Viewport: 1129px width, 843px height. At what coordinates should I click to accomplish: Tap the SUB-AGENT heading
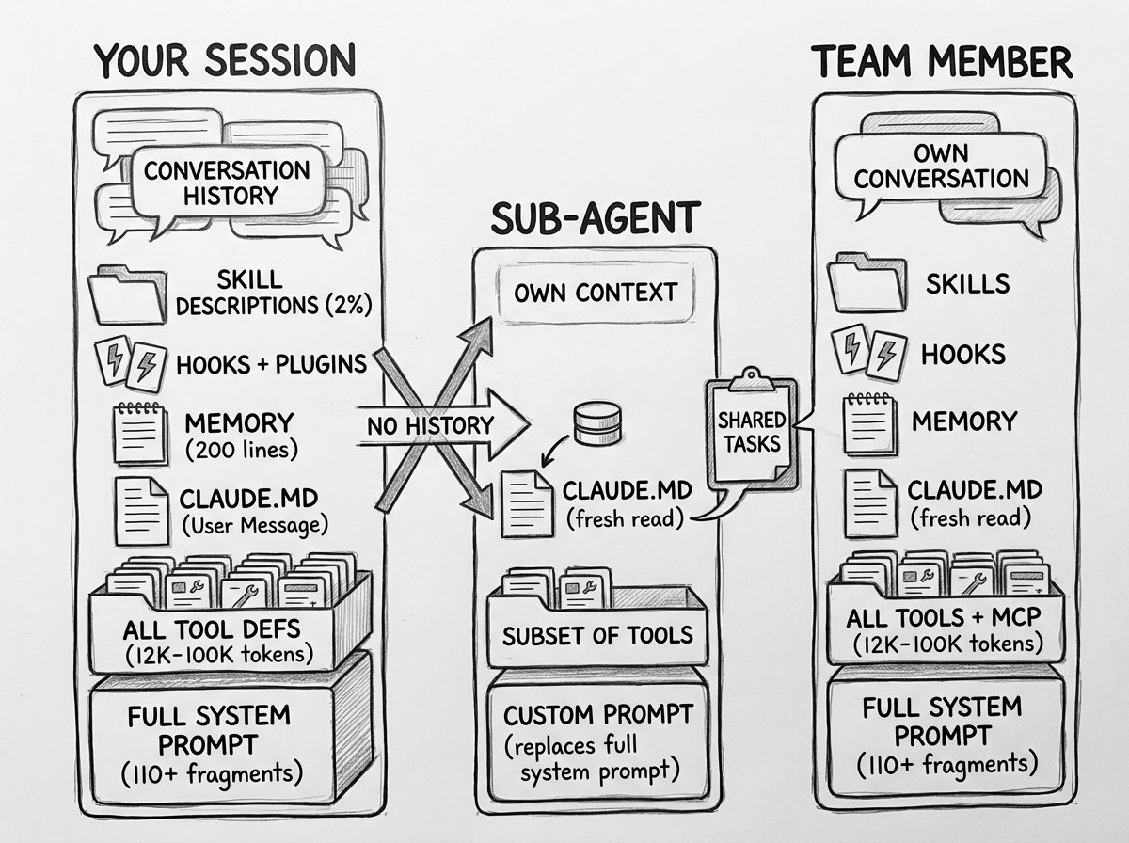pos(596,217)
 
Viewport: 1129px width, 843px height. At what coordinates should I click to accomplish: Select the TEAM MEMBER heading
pos(942,62)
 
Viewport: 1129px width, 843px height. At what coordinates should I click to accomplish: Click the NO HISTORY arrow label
pos(429,425)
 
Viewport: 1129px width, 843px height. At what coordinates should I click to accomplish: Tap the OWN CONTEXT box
pos(595,292)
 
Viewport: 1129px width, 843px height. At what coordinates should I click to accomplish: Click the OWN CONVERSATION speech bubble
pos(942,166)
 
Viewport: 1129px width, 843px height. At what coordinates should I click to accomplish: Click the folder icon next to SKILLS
pos(867,282)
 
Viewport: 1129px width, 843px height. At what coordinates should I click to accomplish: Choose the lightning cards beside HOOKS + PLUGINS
pos(130,363)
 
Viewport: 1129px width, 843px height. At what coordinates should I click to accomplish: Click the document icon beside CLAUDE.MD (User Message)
pos(141,509)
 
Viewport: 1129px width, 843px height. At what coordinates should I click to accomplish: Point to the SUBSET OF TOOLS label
pos(597,635)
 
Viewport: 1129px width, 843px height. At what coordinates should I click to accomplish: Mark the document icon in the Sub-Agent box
pos(526,503)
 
